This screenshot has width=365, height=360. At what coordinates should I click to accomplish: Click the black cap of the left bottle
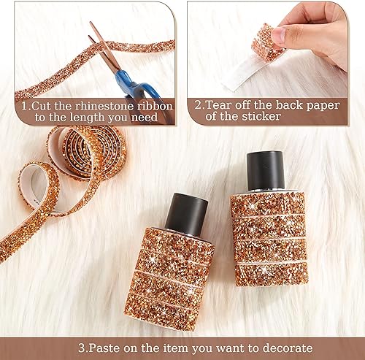(188, 213)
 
